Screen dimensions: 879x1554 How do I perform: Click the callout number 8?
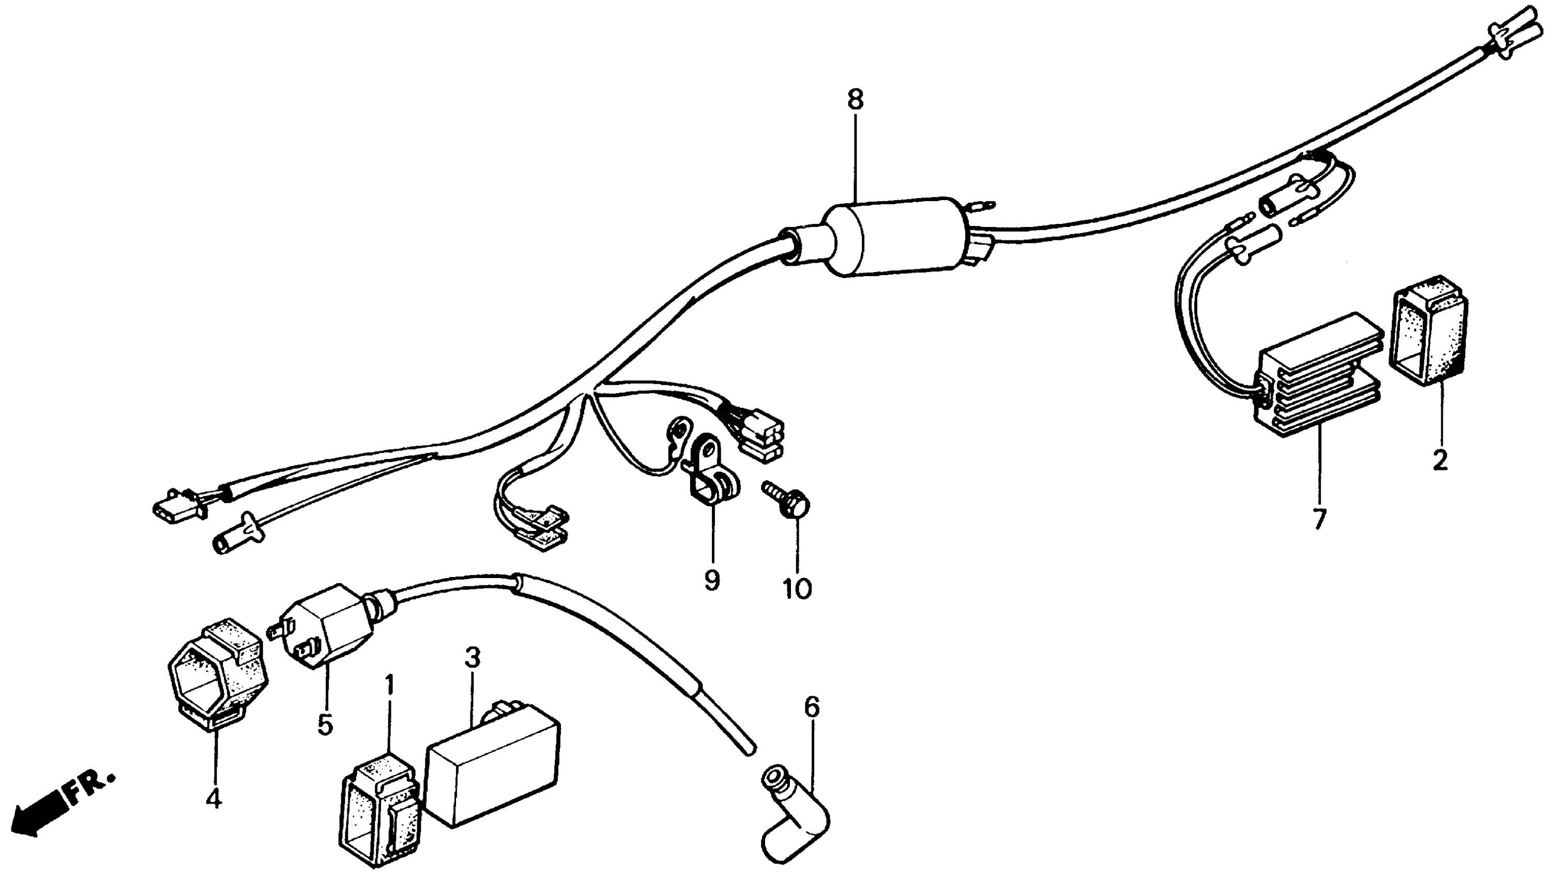(x=855, y=101)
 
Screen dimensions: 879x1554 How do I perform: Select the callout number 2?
(x=1441, y=461)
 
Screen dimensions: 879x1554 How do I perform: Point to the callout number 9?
(x=712, y=581)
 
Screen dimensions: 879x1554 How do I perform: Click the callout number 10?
(x=797, y=588)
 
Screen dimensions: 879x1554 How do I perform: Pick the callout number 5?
(x=325, y=724)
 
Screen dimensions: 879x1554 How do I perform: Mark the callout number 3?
(x=473, y=657)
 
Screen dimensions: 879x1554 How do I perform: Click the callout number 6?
(x=812, y=707)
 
